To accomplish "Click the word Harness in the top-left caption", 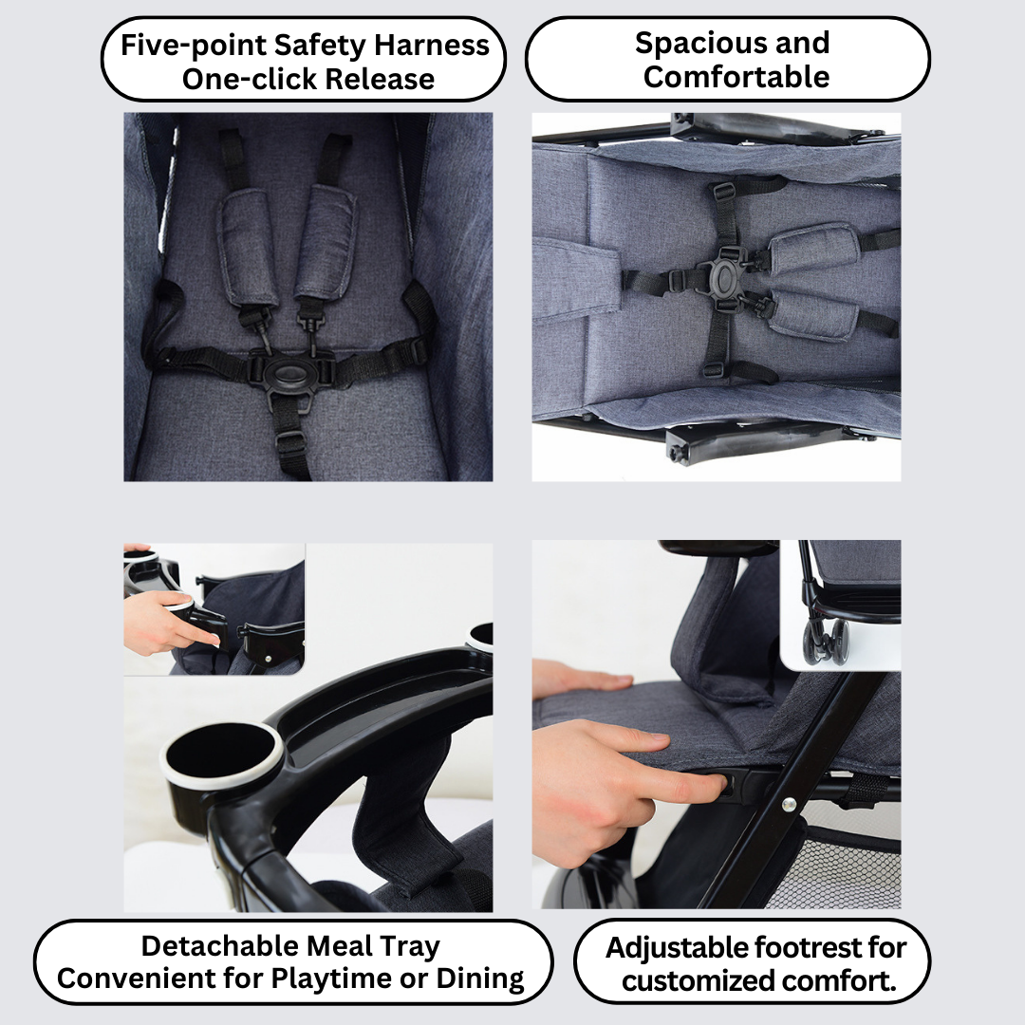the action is tap(432, 46).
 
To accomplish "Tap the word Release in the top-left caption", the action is tap(380, 79).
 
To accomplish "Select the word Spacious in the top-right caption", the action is tap(697, 44).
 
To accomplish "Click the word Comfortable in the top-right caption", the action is tap(736, 77).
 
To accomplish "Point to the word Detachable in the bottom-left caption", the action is tap(219, 946).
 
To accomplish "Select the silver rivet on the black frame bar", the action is tap(789, 804).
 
